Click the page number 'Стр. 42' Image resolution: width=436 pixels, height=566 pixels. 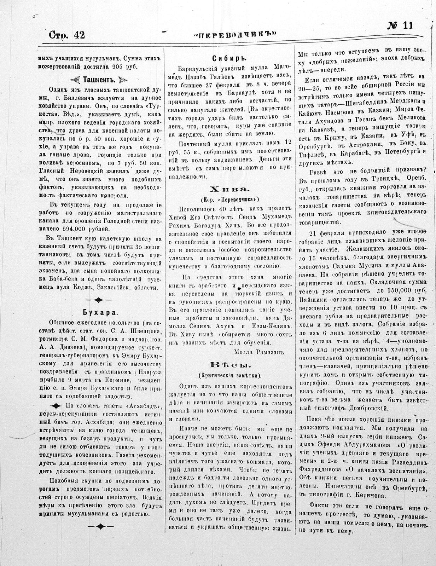[x=67, y=35]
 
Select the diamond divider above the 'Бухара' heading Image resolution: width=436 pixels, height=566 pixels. [x=99, y=300]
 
